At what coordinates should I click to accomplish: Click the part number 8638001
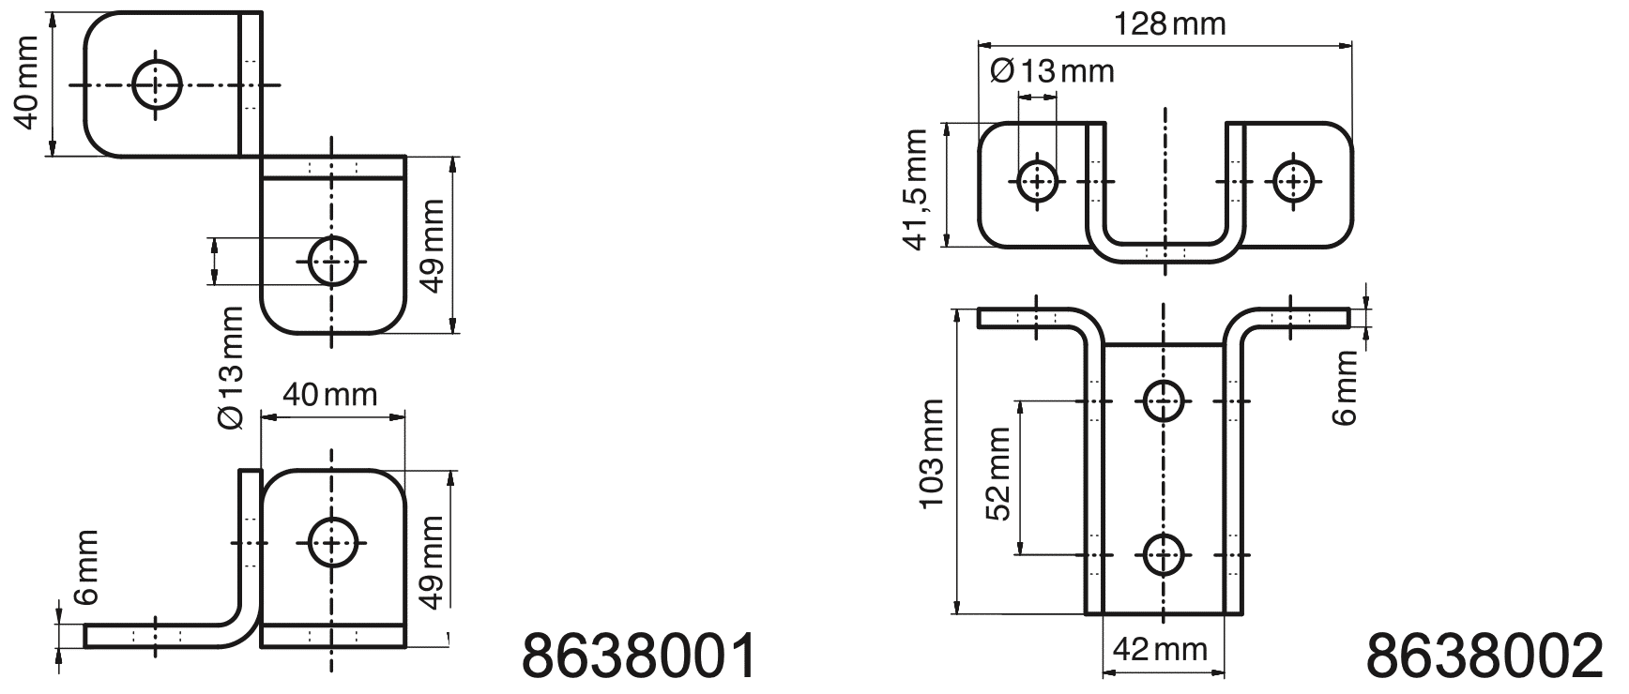tap(639, 656)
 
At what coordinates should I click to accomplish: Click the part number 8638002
tap(1484, 656)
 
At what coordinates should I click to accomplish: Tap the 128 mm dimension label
tap(1169, 23)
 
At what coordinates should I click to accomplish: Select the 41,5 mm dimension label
tap(915, 189)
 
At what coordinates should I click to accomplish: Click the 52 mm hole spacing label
tap(998, 474)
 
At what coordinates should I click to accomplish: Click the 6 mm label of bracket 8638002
tap(1346, 387)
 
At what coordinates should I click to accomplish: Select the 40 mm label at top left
tap(27, 83)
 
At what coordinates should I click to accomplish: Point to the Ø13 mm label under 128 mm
tap(1052, 70)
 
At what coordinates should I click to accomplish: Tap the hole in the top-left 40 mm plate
tap(157, 85)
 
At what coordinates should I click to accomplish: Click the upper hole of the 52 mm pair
tap(1164, 402)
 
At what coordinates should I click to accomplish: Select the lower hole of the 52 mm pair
tap(1164, 555)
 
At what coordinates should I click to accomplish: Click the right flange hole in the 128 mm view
tap(1293, 181)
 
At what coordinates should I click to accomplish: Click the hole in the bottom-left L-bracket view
tap(333, 541)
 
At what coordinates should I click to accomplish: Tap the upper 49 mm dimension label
tap(433, 246)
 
